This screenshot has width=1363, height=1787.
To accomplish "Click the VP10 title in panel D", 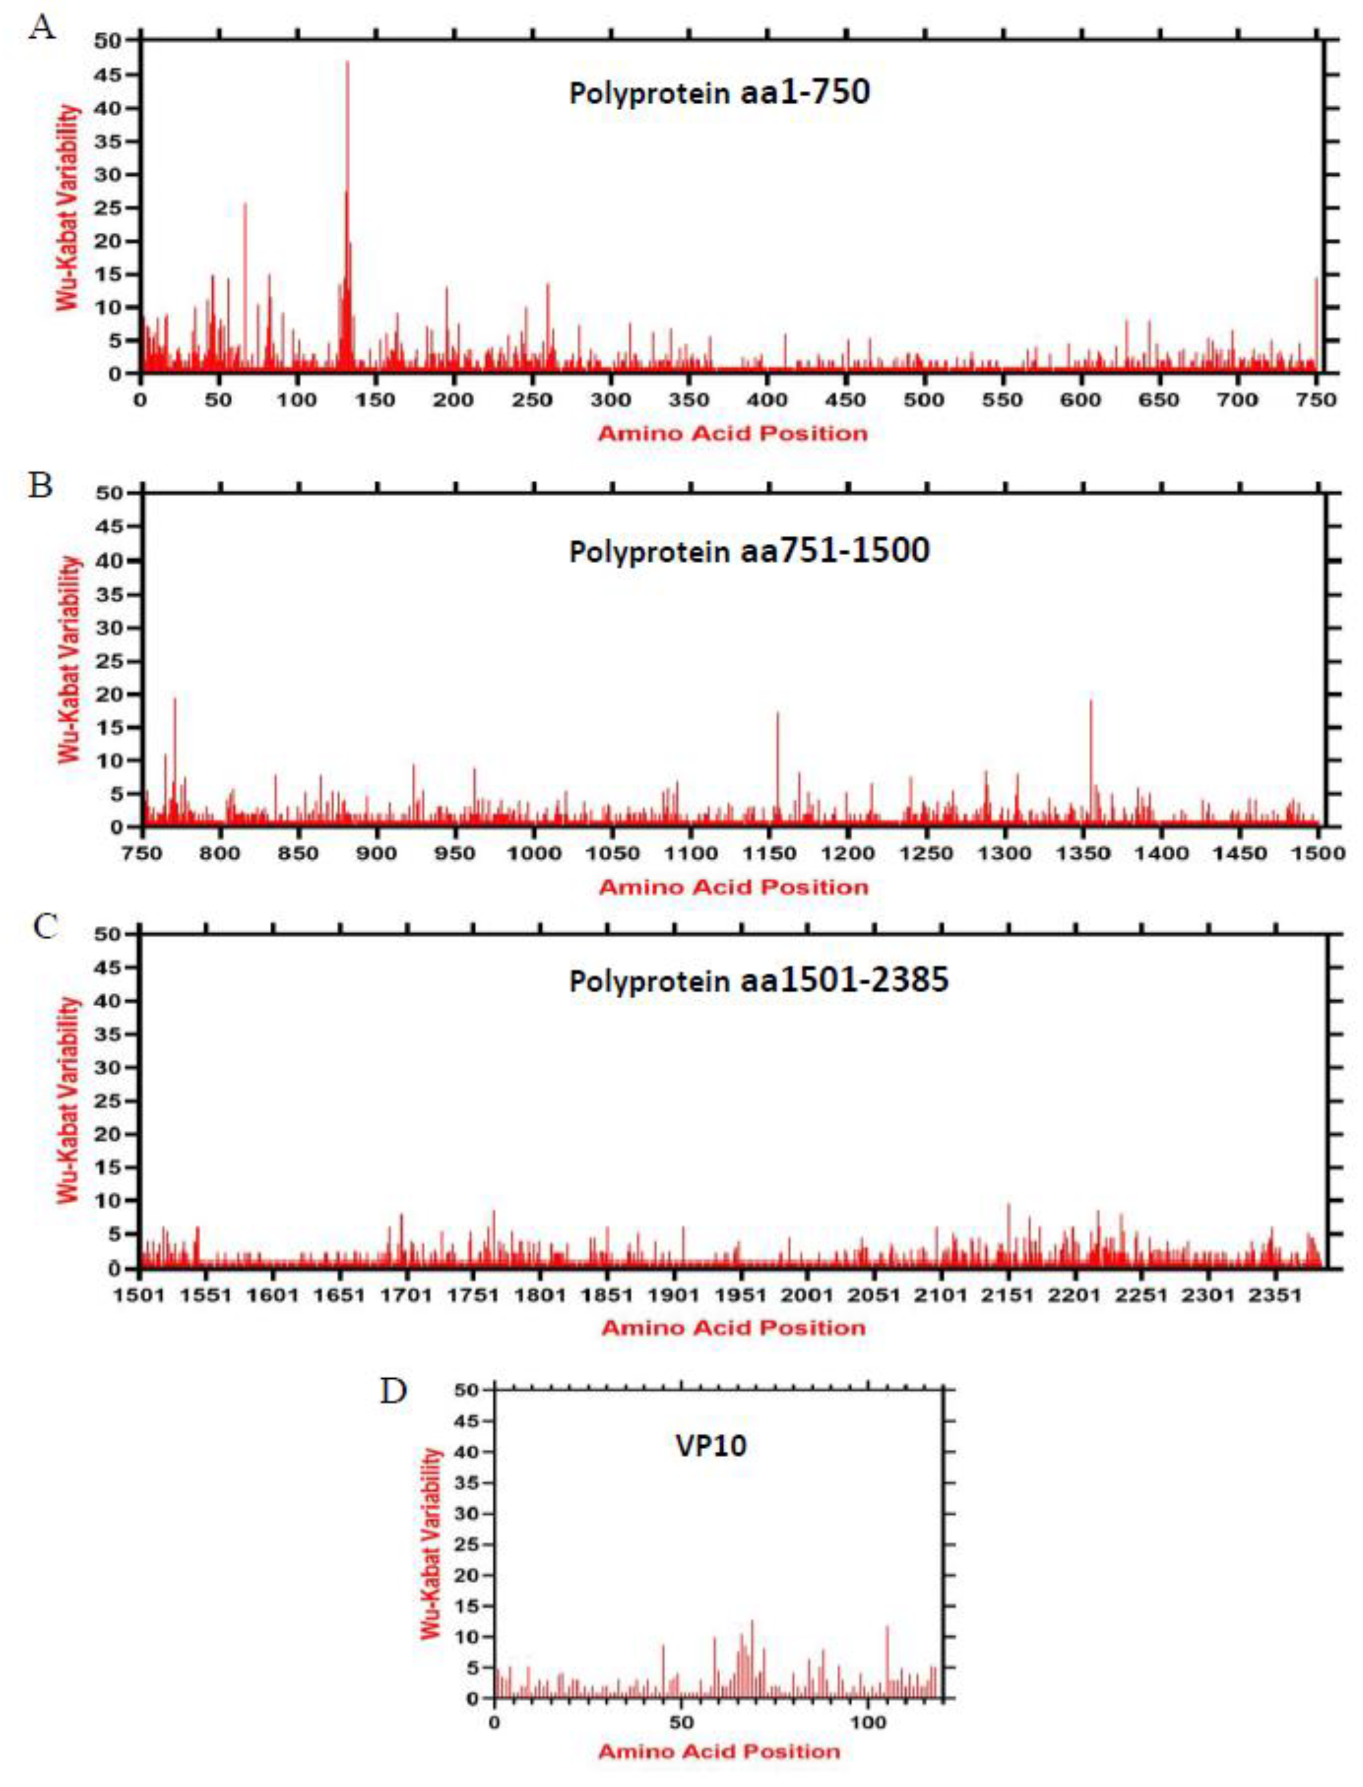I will coord(711,1446).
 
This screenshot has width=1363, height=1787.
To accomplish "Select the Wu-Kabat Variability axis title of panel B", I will coord(71,659).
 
